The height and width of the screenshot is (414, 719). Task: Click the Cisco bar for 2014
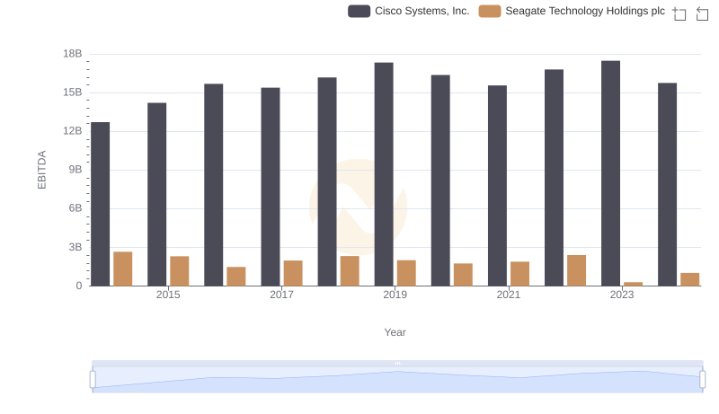101,204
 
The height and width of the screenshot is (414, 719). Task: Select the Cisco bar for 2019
384,174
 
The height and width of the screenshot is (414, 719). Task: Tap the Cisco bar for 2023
610,173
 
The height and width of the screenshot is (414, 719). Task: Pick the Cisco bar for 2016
214,185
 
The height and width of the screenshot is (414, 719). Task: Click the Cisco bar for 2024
667,184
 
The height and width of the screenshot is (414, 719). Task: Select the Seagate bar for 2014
123,269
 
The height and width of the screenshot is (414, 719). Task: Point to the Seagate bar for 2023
634,284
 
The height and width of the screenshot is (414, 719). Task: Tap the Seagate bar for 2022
577,270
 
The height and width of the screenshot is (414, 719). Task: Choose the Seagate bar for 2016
236,277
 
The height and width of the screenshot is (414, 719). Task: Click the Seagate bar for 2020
463,275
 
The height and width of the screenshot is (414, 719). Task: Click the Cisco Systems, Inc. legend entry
409,12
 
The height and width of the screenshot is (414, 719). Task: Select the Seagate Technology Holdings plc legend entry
572,12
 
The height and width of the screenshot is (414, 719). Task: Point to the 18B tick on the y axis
72,54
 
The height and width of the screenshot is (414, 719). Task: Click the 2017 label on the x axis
281,295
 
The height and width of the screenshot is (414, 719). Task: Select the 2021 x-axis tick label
509,295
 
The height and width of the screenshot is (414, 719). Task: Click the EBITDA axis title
41,170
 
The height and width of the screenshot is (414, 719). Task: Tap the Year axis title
395,332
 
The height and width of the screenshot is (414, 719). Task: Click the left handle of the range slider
93,379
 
